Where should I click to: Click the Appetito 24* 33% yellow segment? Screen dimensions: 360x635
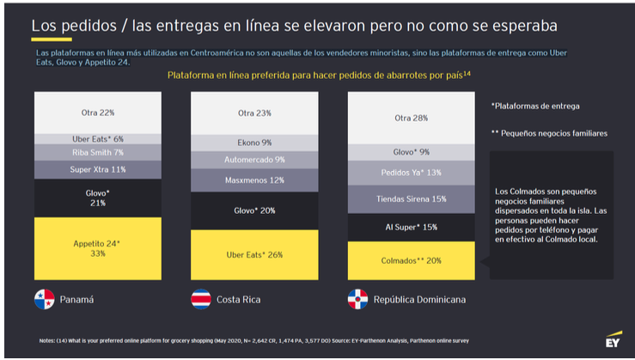96,248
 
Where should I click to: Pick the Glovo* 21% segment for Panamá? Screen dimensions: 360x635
96,198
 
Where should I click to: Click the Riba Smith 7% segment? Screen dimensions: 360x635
96,152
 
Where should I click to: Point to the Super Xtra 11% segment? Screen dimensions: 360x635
96,169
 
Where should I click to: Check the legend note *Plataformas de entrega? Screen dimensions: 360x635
534,106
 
